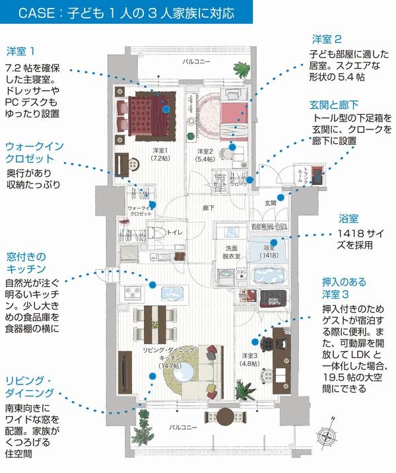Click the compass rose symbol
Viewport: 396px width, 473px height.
pyautogui.click(x=327, y=437)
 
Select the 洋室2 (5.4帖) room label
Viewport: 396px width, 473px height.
pyautogui.click(x=205, y=155)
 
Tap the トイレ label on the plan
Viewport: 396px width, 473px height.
pyautogui.click(x=175, y=232)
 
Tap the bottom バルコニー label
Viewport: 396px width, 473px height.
pyautogui.click(x=181, y=427)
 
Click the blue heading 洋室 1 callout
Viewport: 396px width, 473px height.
pyautogui.click(x=30, y=51)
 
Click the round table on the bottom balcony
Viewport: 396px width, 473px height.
pyautogui.click(x=225, y=416)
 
